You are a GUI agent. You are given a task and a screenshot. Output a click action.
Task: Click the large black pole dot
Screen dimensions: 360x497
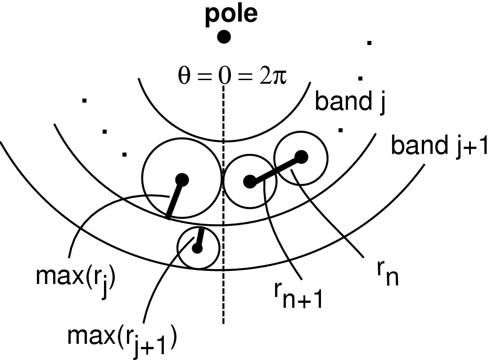pyautogui.click(x=224, y=36)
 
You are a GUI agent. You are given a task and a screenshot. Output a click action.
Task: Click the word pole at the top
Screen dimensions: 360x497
pyautogui.click(x=231, y=14)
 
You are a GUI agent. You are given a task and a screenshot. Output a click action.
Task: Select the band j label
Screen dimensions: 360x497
pyautogui.click(x=350, y=101)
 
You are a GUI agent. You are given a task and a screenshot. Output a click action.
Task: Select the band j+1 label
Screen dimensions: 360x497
pyautogui.click(x=439, y=146)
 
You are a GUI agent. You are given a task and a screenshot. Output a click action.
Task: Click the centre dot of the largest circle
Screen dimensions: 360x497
pyautogui.click(x=182, y=180)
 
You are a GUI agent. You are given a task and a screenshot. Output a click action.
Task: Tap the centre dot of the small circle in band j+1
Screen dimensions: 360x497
pyautogui.click(x=197, y=248)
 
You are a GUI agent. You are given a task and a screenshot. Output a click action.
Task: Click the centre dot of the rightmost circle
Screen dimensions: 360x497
pyautogui.click(x=302, y=157)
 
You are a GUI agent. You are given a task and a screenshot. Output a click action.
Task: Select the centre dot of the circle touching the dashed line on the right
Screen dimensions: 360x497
pyautogui.click(x=249, y=182)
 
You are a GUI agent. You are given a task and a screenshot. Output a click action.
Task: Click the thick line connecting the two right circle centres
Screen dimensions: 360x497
pyautogui.click(x=276, y=169)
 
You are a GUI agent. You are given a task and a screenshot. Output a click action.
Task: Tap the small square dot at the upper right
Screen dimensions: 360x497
pyautogui.click(x=369, y=43)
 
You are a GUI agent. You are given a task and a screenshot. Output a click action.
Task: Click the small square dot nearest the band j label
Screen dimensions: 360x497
pyautogui.click(x=341, y=130)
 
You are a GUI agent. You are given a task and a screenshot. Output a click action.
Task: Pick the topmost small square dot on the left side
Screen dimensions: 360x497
pyautogui.click(x=84, y=101)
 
